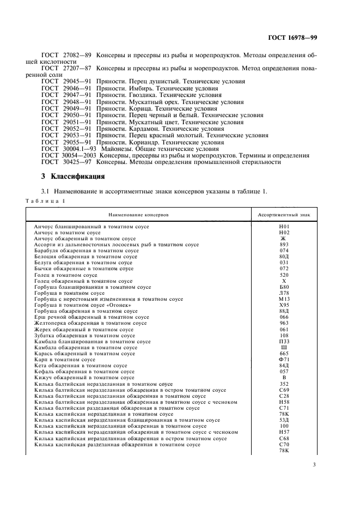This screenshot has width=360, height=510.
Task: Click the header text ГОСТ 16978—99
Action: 294,39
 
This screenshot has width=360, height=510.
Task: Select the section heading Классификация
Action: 77,177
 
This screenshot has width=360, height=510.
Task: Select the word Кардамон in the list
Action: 143,129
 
